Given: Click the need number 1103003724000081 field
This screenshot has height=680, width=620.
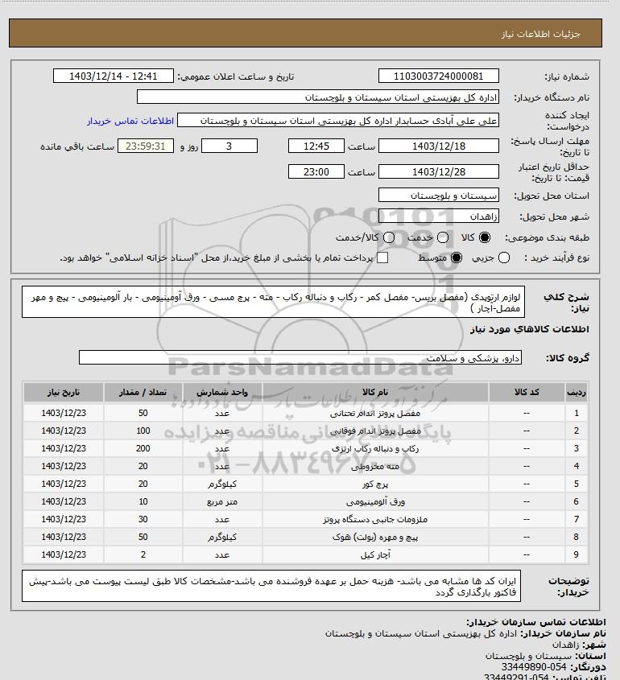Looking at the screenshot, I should [x=438, y=76].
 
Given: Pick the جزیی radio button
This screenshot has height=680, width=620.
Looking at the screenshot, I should [x=505, y=258].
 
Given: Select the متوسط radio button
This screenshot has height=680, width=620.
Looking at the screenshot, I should [x=457, y=258].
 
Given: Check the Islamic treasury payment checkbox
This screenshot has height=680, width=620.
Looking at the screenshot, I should [x=382, y=258].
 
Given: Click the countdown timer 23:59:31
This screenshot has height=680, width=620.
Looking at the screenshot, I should [x=146, y=146].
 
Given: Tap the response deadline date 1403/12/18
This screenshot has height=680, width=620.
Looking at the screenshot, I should [x=438, y=146].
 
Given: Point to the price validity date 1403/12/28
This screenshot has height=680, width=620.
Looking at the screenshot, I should [x=438, y=172].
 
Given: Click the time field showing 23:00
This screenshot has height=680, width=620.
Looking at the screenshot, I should [x=316, y=172].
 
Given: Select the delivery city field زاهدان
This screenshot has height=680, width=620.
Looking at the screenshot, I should [x=438, y=216].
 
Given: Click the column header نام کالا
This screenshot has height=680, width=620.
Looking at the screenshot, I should [x=375, y=392].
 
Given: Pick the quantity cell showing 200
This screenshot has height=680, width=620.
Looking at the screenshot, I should [x=143, y=448].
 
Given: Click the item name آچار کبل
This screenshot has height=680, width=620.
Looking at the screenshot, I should [x=375, y=554].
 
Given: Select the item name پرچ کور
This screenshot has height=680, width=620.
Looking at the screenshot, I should [x=375, y=484].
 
